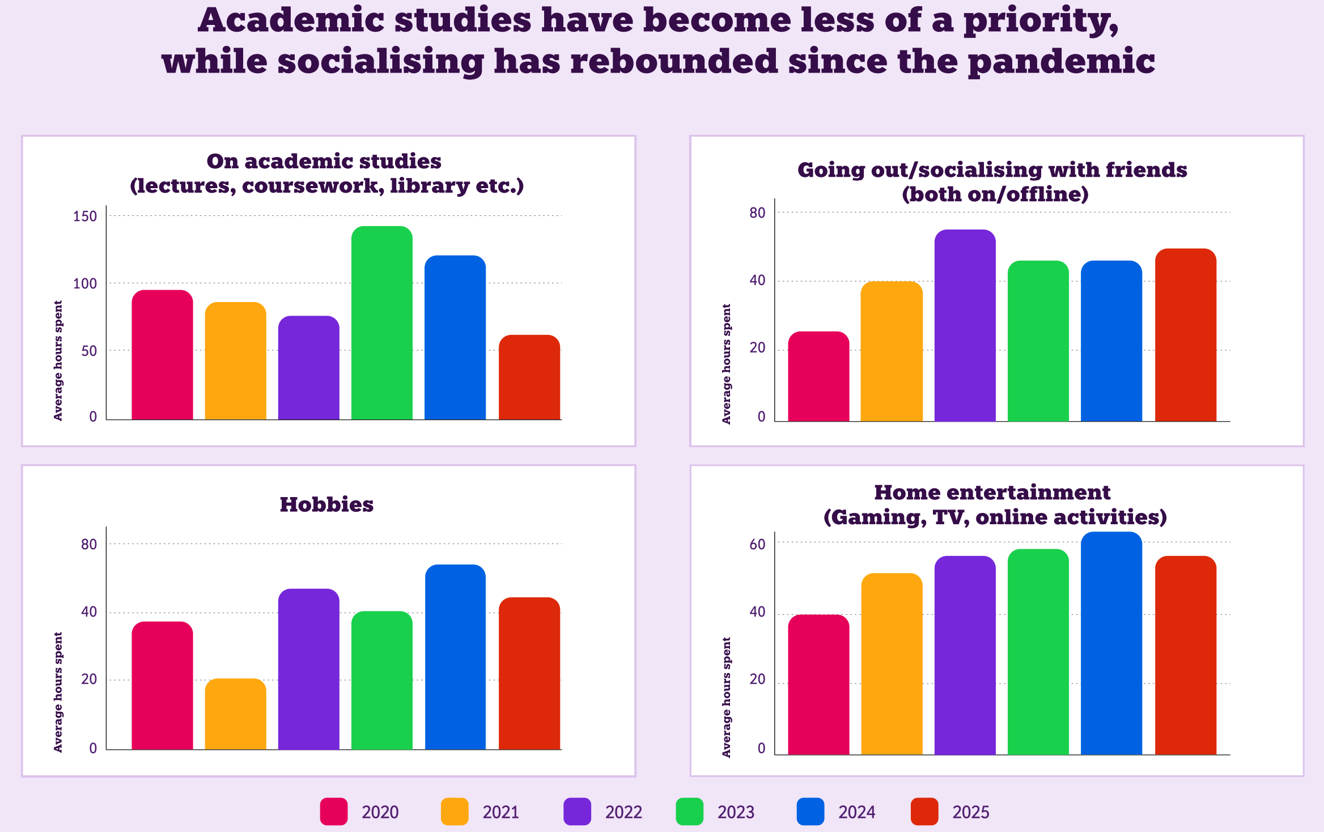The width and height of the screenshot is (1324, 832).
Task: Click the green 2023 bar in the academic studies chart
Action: [381, 323]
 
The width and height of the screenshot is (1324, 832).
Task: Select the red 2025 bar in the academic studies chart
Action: [529, 377]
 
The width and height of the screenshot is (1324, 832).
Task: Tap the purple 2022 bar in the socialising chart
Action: [965, 325]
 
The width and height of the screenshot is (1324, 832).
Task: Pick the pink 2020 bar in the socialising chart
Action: [818, 376]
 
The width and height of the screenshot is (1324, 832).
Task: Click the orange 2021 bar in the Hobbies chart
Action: [235, 714]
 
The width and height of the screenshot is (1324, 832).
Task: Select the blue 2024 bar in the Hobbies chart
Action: [455, 657]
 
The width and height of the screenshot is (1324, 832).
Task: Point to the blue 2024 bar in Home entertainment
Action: [1111, 643]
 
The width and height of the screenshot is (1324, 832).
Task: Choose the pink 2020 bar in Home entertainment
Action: [818, 685]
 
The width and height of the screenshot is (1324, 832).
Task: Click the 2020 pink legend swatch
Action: [333, 812]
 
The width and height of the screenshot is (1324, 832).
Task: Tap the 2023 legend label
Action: [736, 812]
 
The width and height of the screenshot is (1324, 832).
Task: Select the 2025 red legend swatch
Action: [924, 812]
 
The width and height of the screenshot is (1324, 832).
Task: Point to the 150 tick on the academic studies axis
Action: [85, 216]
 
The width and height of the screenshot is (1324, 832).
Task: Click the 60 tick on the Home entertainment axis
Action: [757, 544]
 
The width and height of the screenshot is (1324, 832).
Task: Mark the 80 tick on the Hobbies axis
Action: [89, 544]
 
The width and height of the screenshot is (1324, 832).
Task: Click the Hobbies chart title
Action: [326, 504]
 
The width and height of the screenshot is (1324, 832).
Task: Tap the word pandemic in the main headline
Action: [1061, 61]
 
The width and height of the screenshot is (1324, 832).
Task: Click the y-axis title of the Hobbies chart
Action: [58, 692]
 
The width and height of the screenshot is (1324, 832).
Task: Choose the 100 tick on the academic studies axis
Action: [85, 283]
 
